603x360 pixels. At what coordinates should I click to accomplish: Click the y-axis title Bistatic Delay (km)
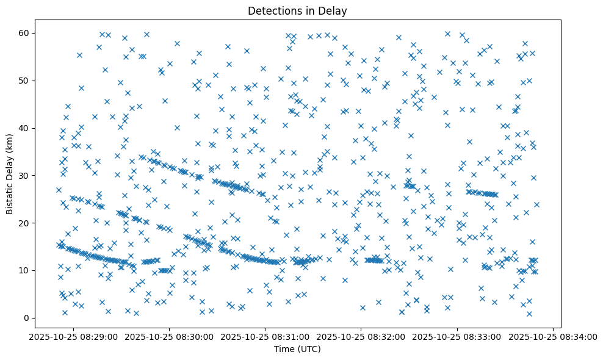point(10,173)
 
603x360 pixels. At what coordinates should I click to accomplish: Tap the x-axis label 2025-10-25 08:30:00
point(169,336)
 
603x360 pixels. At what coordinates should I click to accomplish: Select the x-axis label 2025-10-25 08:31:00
point(265,336)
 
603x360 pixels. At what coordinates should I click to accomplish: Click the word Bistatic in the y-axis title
point(10,192)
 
